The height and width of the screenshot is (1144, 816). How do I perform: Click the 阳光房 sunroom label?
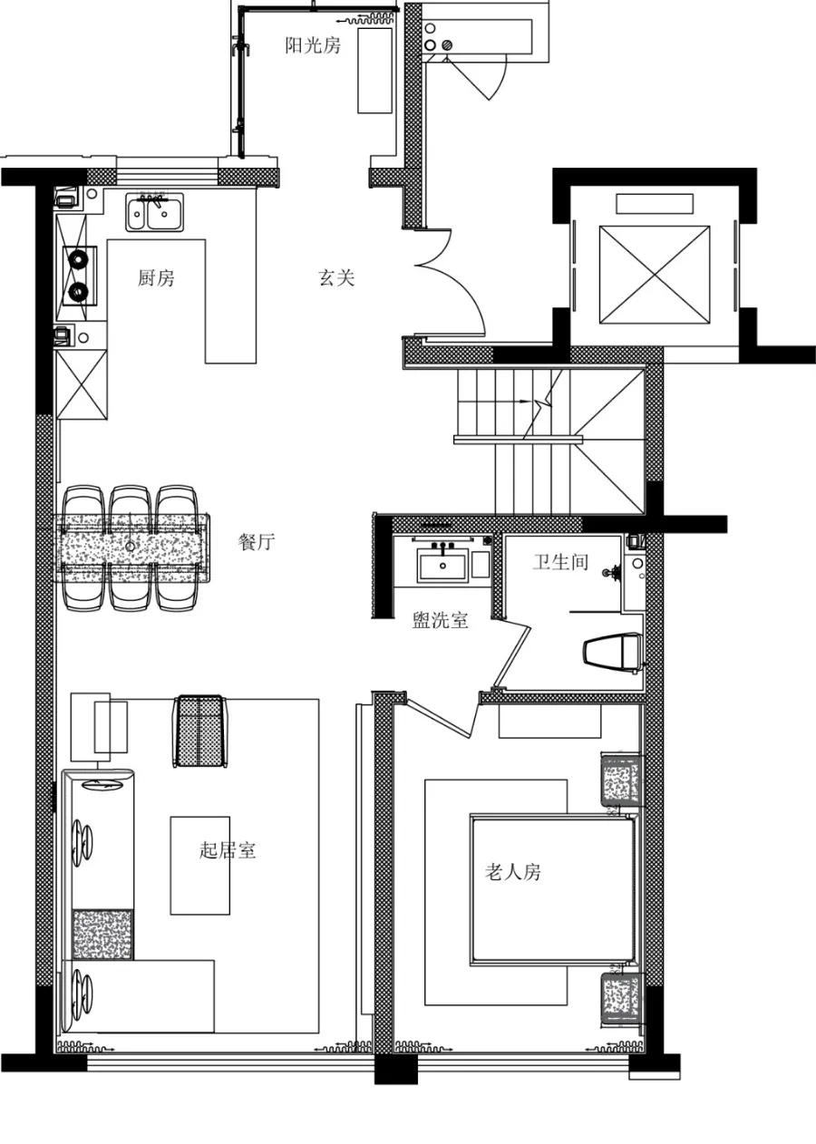[x=313, y=45]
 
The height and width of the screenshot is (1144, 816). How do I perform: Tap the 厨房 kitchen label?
[x=156, y=277]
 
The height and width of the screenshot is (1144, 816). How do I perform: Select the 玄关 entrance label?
[x=336, y=277]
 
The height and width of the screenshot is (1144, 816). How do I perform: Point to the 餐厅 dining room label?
[x=257, y=541]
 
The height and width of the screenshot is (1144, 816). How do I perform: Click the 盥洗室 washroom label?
[x=440, y=620]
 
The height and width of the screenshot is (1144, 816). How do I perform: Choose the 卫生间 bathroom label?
[x=560, y=562]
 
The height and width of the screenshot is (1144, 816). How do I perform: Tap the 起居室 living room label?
[x=228, y=850]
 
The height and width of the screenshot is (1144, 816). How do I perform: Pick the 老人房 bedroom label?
[x=512, y=872]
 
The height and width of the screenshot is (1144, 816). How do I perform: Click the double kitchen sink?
[x=155, y=212]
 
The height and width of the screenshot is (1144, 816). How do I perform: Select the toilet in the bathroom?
[x=613, y=650]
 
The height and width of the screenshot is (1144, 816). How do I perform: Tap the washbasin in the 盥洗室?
[x=442, y=564]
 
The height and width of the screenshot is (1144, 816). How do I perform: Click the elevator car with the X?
[x=655, y=275]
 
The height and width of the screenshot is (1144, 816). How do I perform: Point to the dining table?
[x=132, y=548]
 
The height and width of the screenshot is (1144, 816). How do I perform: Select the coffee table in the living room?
[x=199, y=865]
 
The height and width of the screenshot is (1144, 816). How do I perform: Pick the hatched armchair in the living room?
[x=199, y=731]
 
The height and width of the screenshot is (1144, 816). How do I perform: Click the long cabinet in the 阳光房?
[x=374, y=71]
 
